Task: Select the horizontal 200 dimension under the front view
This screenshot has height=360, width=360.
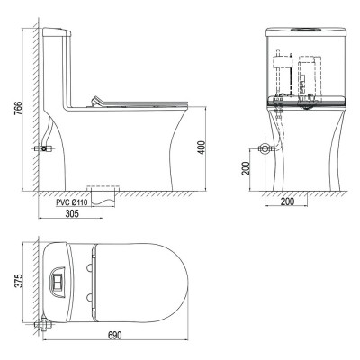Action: [x=287, y=202]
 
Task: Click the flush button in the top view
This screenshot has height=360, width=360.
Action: [x=57, y=281]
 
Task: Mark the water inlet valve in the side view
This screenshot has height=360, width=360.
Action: [x=41, y=146]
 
